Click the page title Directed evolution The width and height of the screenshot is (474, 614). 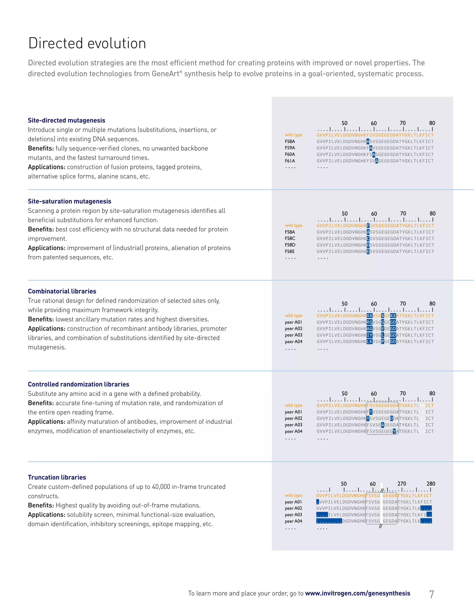[x=87, y=44]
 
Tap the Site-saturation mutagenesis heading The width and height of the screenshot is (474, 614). [x=69, y=201]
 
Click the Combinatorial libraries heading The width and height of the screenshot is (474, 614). [x=62, y=291]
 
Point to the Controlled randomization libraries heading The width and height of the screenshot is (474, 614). [x=78, y=384]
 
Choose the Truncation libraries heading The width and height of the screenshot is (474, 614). [x=57, y=477]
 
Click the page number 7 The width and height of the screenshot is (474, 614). [x=431, y=594]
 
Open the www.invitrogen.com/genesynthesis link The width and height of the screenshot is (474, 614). [x=357, y=593]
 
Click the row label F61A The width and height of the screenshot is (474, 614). [x=290, y=161]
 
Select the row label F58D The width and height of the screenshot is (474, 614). [x=290, y=245]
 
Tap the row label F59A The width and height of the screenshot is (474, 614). [x=290, y=148]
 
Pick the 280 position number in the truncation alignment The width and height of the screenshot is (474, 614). [x=430, y=484]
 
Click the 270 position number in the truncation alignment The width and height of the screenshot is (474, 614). [x=402, y=484]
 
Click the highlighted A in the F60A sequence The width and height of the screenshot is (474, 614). [x=374, y=154]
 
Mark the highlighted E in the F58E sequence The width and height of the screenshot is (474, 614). [x=368, y=251]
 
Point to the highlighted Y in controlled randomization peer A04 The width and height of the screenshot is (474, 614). [x=394, y=431]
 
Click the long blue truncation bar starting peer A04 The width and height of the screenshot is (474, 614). [x=329, y=521]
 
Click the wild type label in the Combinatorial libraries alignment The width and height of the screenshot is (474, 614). [x=293, y=315]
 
